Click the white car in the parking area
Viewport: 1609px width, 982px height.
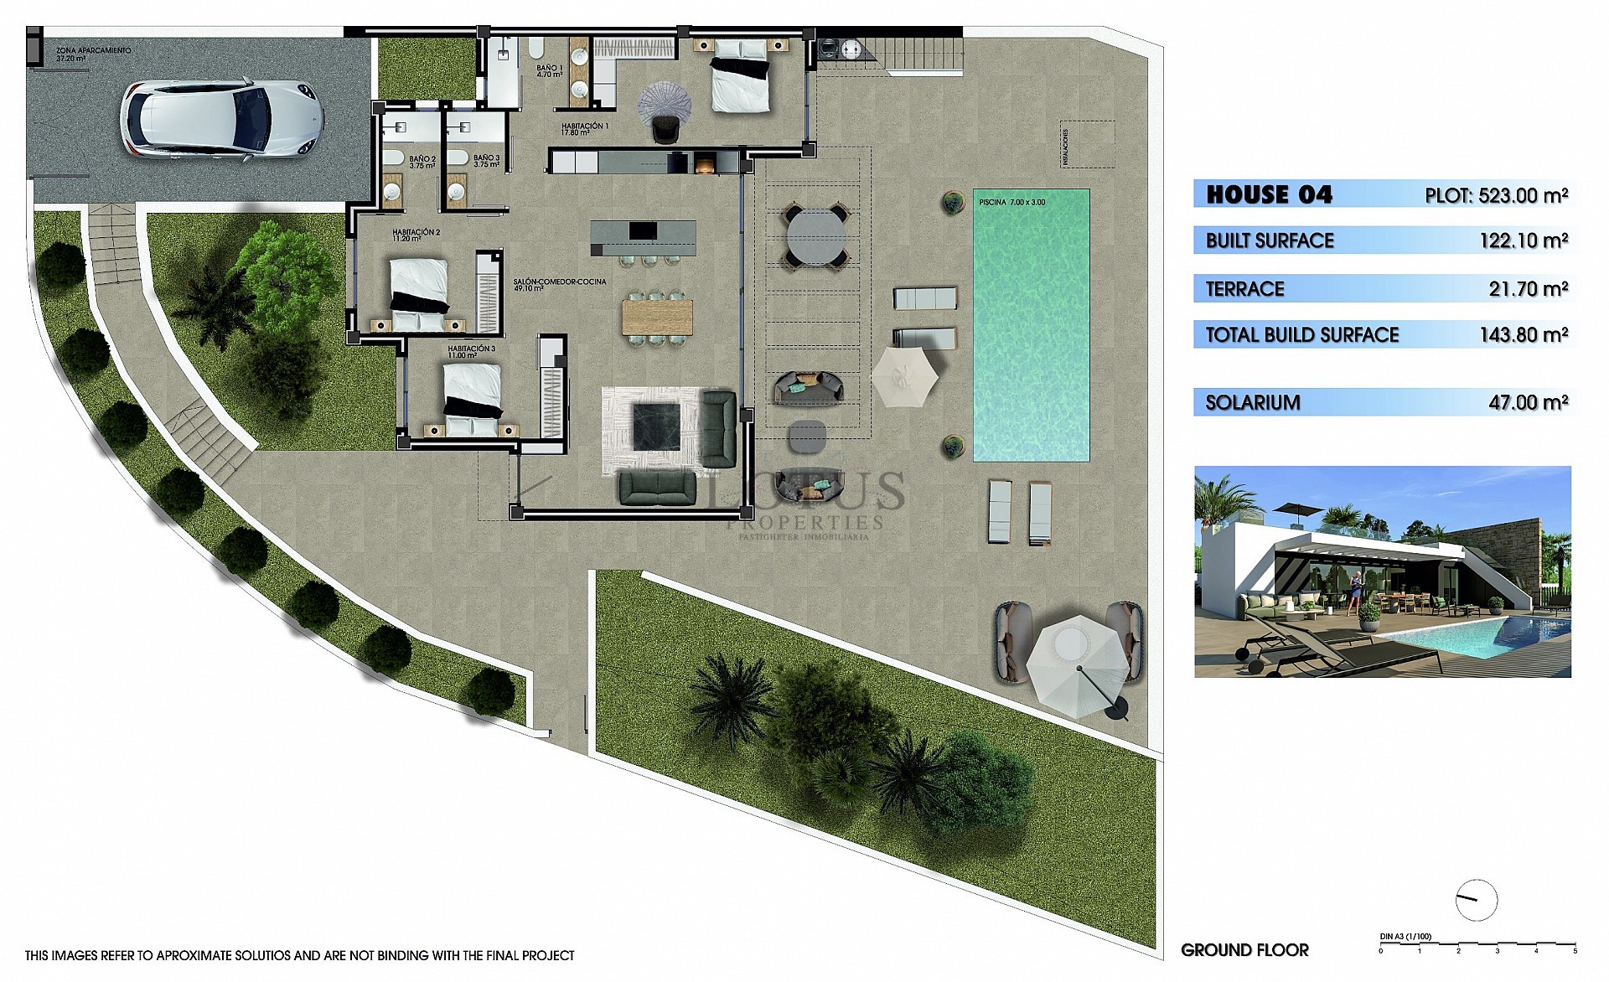[222, 118]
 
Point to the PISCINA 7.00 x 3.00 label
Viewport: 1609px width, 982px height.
[1012, 202]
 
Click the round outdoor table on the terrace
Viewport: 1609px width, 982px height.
[814, 235]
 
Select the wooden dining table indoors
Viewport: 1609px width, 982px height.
[657, 317]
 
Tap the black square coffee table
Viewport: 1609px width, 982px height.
[655, 426]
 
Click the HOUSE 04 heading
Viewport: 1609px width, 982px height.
[1269, 195]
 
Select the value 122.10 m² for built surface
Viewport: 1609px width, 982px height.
[1524, 241]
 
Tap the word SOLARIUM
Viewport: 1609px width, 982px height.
[1252, 403]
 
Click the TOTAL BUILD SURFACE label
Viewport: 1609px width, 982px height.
[1301, 335]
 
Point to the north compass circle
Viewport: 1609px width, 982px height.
[1477, 901]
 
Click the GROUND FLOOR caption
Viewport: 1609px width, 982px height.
[1244, 950]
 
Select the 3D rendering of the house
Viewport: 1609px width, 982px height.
[1382, 571]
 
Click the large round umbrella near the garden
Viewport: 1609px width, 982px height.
[1078, 666]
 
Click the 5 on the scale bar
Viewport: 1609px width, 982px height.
[1575, 951]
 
